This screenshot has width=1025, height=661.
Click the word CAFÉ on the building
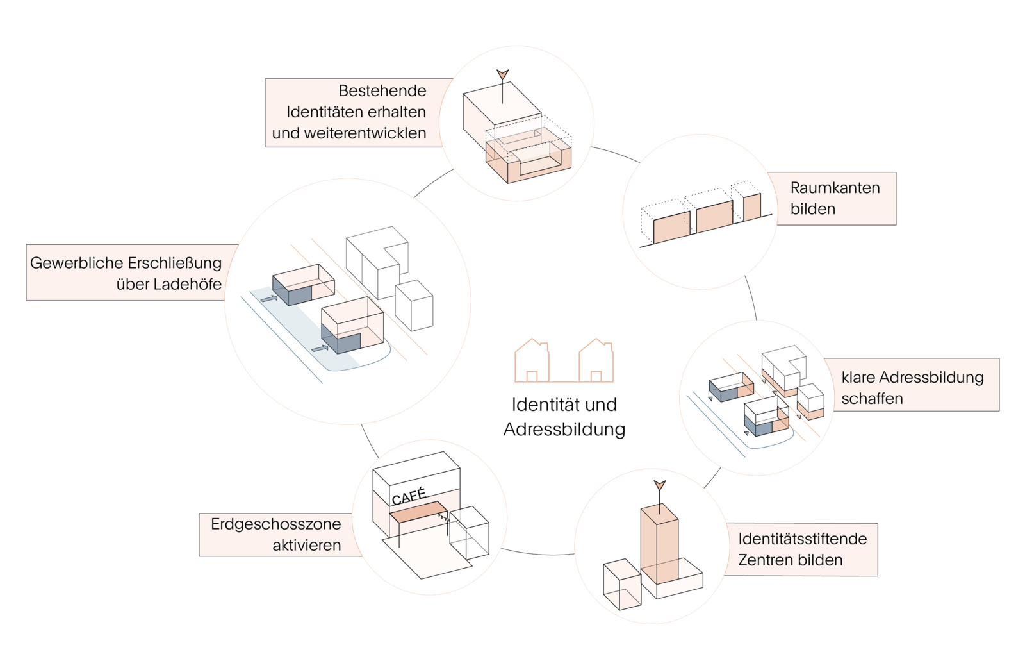409,497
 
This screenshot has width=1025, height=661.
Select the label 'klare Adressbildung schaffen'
912,387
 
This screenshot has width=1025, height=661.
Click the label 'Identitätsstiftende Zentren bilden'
802,549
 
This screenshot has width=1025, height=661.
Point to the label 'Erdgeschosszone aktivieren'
277,535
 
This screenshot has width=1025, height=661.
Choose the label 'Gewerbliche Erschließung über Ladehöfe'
126,273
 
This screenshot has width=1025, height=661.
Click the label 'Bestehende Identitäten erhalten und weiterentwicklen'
350,112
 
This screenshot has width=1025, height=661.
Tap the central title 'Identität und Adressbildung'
564,417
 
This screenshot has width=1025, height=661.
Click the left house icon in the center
532,359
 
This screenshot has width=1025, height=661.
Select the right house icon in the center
596,359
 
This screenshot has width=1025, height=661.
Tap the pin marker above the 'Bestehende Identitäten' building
504,76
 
